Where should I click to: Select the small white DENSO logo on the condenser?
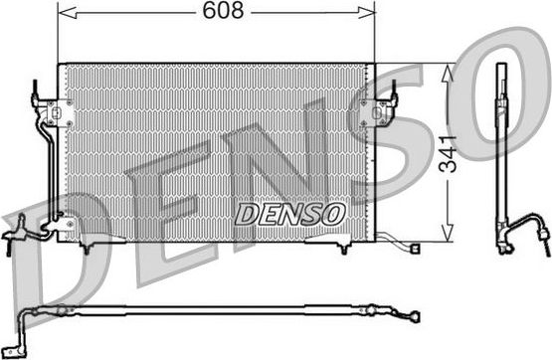click(289, 212)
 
